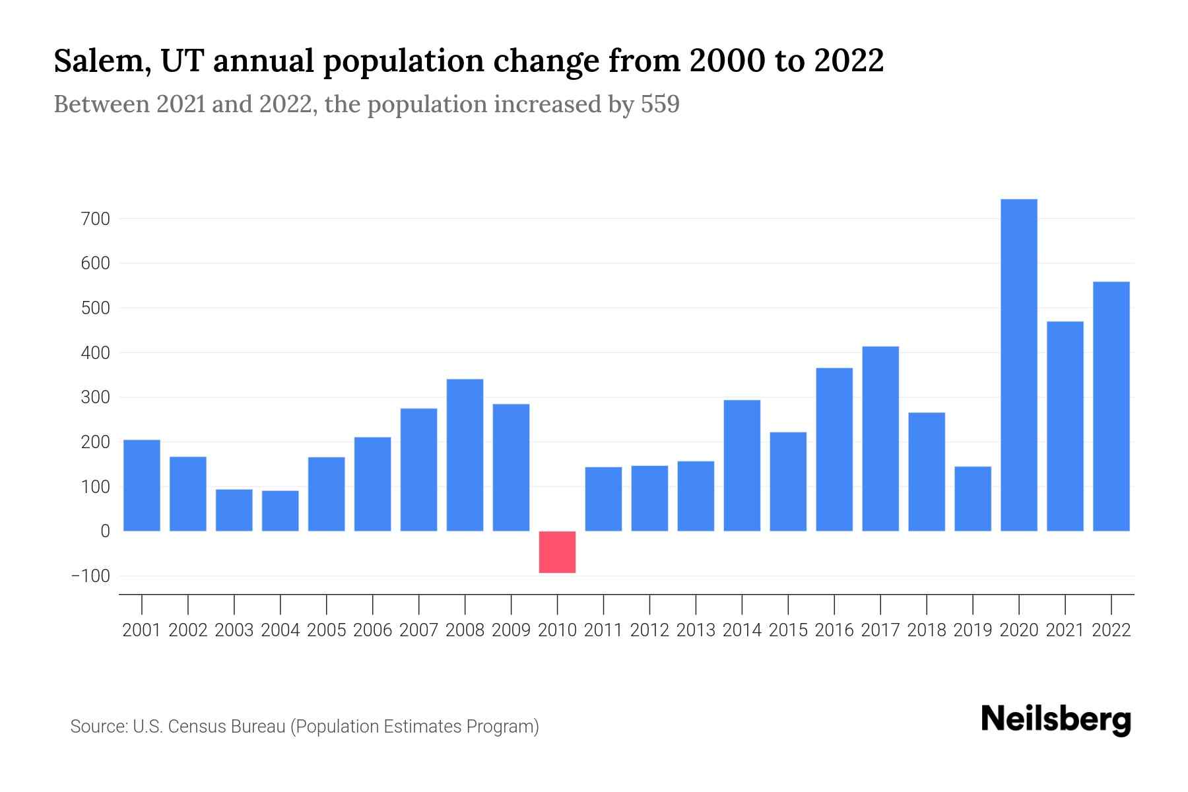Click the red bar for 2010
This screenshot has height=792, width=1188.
[x=557, y=552]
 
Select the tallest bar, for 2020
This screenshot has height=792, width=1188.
[x=1019, y=365]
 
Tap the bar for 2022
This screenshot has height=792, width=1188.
[x=1111, y=407]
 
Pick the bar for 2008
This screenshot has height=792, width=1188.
[x=465, y=455]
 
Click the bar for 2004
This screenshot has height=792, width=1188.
[x=280, y=511]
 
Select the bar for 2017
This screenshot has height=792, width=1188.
[x=880, y=439]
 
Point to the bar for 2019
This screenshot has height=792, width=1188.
[x=973, y=499]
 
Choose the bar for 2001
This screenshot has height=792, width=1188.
[x=142, y=485]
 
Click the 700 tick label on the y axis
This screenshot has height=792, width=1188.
[x=96, y=218]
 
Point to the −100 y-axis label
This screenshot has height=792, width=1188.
[x=90, y=576]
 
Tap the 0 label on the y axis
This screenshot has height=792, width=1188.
[x=105, y=531]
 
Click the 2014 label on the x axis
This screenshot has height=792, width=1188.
[x=742, y=630]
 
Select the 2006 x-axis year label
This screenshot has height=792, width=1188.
[x=372, y=630]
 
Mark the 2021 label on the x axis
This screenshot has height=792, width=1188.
[x=1065, y=630]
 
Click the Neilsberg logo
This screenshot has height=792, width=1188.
[x=1056, y=719]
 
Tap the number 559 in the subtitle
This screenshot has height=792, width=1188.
[x=660, y=104]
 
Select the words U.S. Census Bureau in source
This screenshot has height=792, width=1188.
[x=209, y=727]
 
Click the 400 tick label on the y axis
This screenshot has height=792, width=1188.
[x=96, y=353]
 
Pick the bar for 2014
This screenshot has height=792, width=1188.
[x=742, y=465]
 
